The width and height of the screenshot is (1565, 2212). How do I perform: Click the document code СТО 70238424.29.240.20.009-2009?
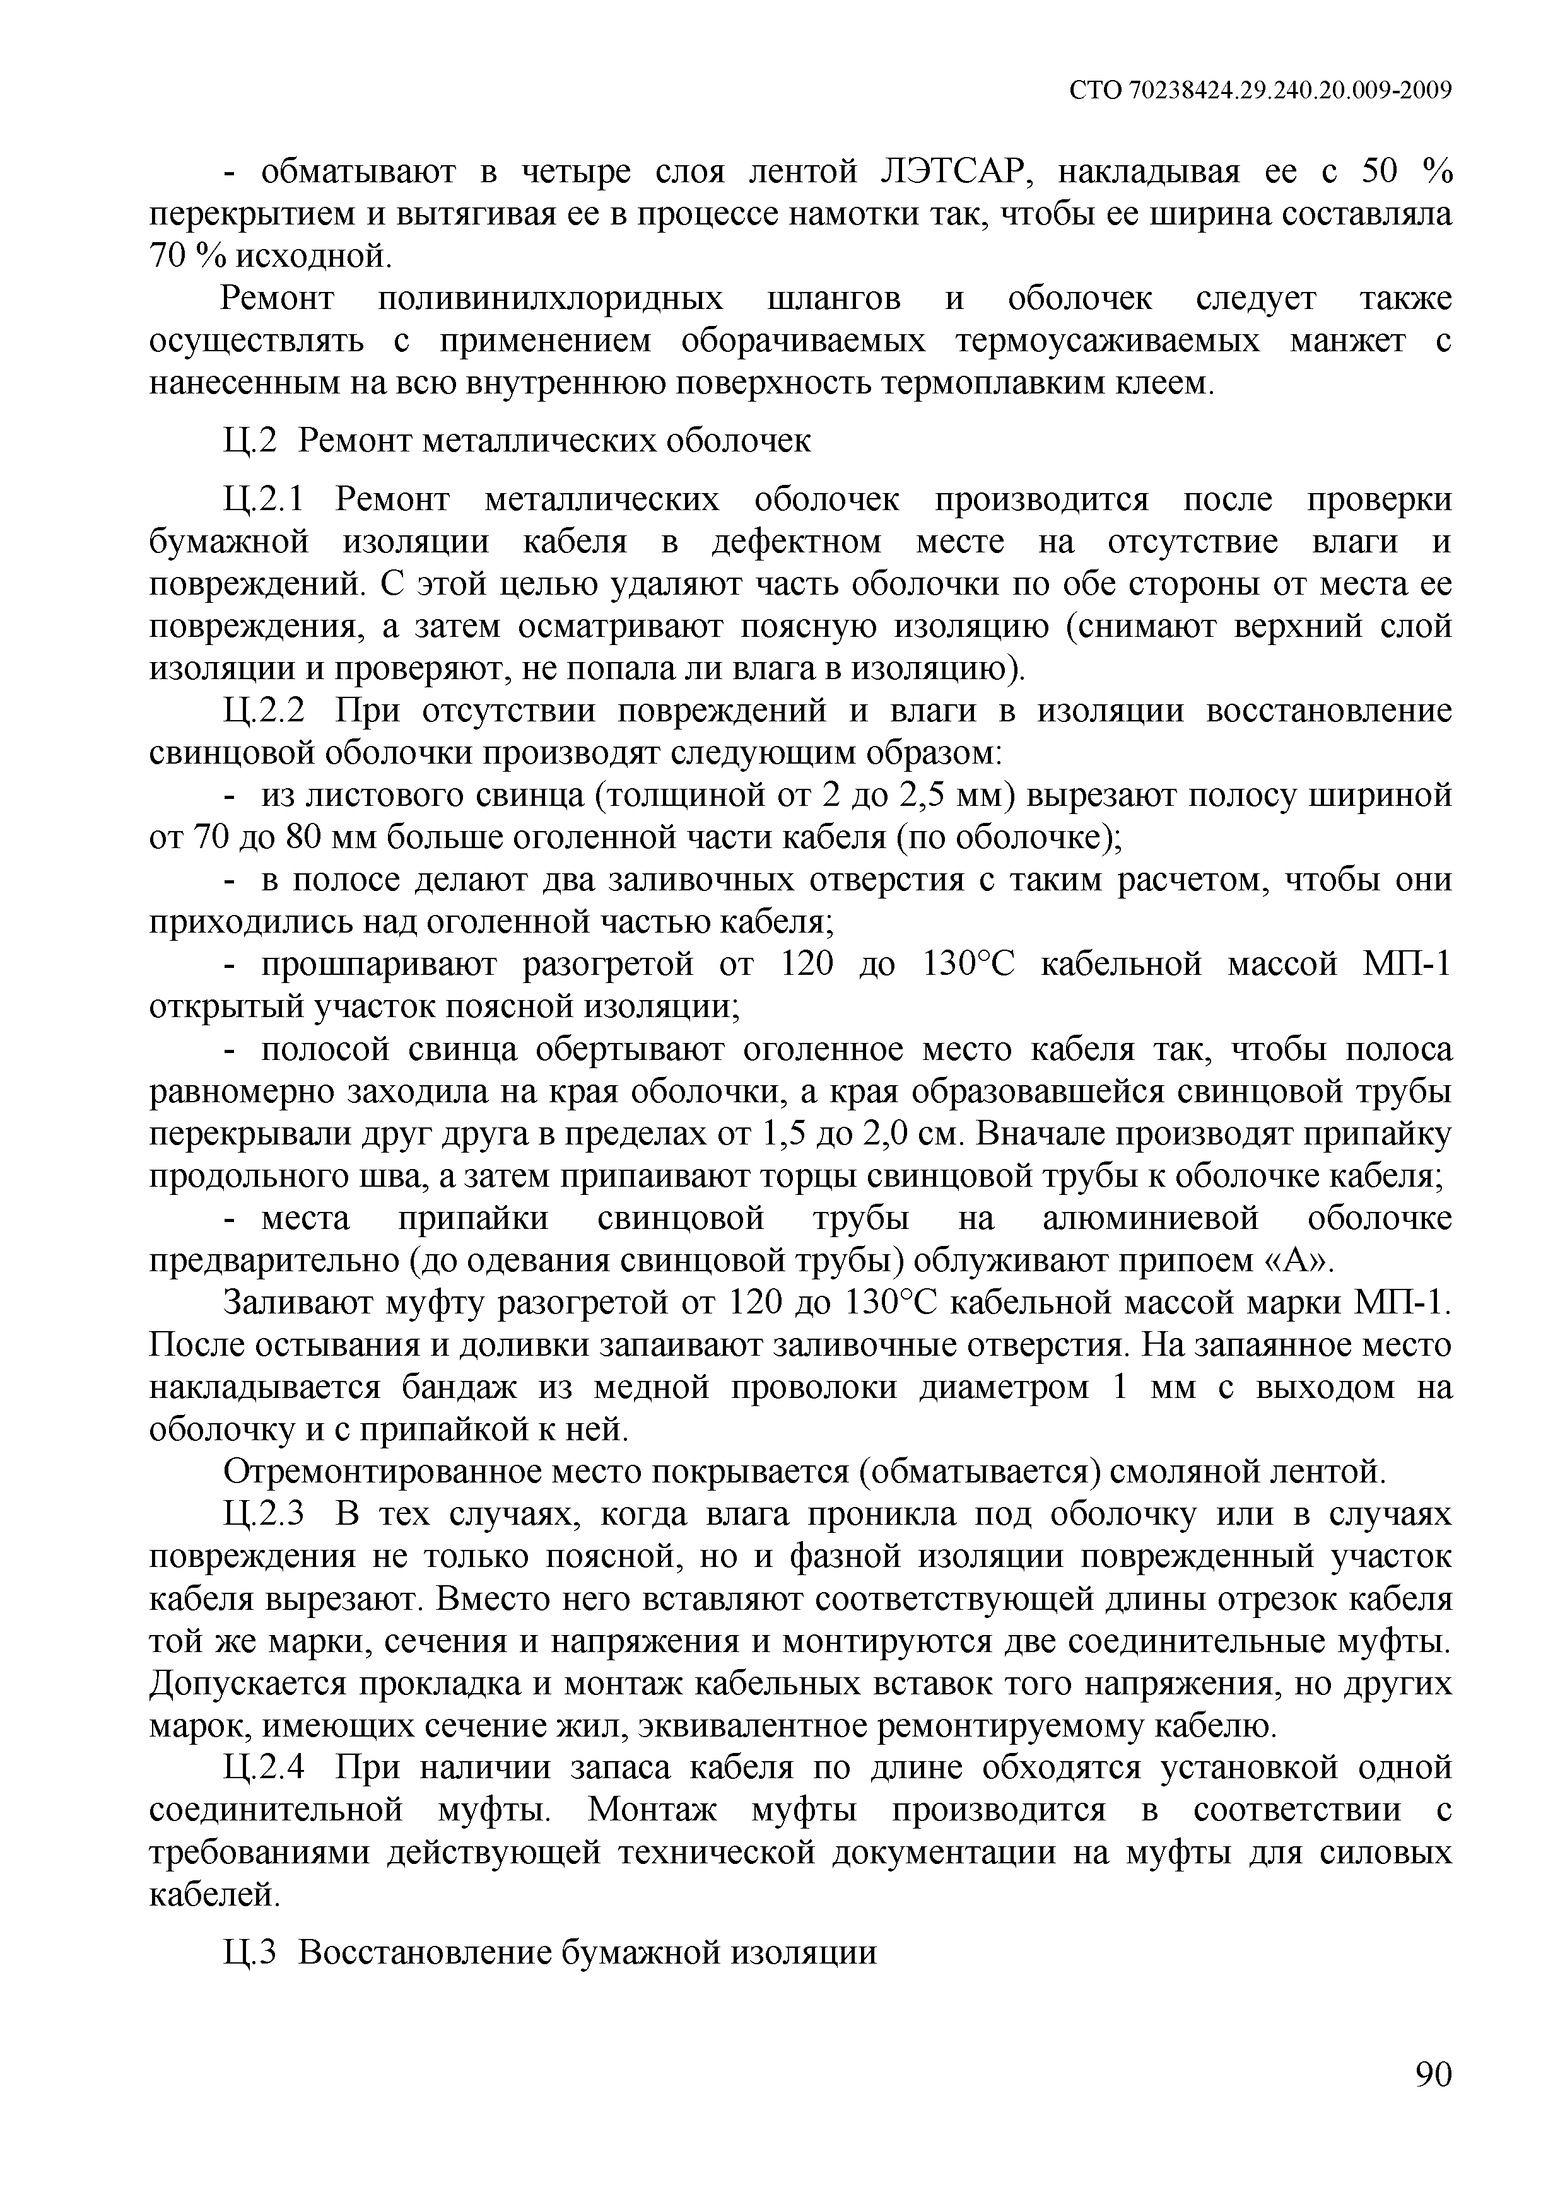point(1260,91)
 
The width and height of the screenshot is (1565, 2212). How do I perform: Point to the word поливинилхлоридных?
point(550,299)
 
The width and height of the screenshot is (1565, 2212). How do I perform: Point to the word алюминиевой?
point(1152,1219)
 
